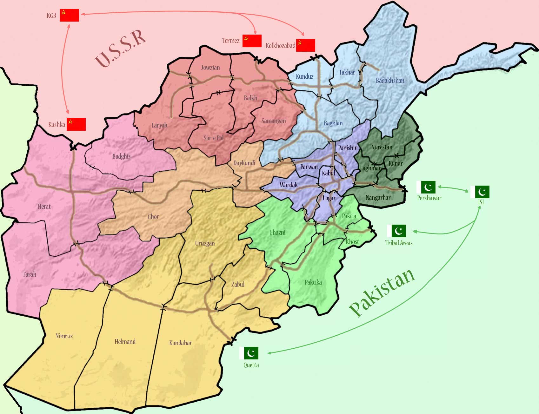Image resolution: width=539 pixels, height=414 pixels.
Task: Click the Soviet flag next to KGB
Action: pos(69,15)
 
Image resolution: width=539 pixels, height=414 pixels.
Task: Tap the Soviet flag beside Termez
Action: pos(252,41)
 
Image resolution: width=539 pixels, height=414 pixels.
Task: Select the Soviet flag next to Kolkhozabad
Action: pos(305,45)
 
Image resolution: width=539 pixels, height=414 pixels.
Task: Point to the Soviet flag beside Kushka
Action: pos(76,124)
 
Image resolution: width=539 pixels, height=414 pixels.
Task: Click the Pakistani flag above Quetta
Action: pos(249,353)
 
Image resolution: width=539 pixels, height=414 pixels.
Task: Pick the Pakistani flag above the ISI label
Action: pos(480,192)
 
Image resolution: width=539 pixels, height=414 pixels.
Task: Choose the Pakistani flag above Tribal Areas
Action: pos(396,231)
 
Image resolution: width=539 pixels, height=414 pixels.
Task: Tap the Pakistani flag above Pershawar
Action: pos(426,187)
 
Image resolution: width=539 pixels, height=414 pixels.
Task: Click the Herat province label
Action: pos(44,207)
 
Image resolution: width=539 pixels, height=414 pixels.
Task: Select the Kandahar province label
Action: pos(180,343)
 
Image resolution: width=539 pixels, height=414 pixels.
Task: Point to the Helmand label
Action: pos(125,342)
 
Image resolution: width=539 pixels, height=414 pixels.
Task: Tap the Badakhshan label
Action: pos(390,81)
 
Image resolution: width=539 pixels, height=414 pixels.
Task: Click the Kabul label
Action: pos(329,173)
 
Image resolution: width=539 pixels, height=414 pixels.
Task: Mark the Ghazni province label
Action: pos(277,233)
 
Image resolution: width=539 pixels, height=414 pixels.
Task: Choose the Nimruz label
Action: pos(64,336)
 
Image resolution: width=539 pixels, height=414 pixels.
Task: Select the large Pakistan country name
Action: pos(382,292)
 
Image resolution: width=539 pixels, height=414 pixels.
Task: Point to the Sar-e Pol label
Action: pos(214,138)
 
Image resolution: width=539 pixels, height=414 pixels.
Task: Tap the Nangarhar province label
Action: pos(378,198)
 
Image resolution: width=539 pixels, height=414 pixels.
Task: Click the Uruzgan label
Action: pos(205,243)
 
